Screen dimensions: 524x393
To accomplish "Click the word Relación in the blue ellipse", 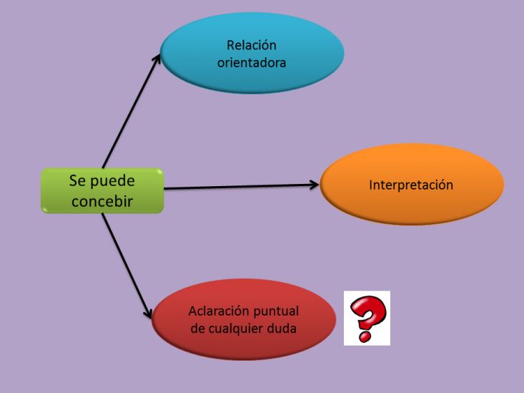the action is [x=252, y=45].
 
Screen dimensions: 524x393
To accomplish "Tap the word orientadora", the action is [x=252, y=62].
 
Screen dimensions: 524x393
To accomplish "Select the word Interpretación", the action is [x=411, y=185].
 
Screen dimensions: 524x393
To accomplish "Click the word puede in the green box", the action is [x=113, y=182].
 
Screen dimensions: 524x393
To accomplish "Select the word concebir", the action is [x=102, y=201].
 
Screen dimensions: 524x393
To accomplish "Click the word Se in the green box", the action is [x=77, y=181].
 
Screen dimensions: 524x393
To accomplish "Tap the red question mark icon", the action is [x=367, y=318].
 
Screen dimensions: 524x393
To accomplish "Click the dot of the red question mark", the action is [x=365, y=336].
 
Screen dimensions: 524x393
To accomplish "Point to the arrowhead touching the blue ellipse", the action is [x=157, y=59].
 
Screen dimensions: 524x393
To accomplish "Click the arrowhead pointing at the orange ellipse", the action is [x=315, y=185].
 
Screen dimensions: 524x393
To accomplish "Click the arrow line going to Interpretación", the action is [x=242, y=186].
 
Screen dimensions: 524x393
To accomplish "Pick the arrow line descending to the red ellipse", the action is [x=127, y=266].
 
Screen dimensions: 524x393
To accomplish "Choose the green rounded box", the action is [x=102, y=191].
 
